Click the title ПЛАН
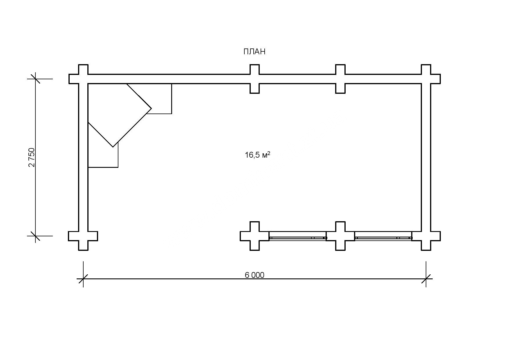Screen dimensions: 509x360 pyautogui.click(x=254, y=52)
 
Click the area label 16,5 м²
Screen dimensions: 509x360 pyautogui.click(x=258, y=155)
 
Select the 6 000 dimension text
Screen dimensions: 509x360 pyautogui.click(x=255, y=275)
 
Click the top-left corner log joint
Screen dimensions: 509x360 pyautogui.click(x=83, y=79)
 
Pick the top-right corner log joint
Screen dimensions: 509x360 pyautogui.click(x=426, y=79)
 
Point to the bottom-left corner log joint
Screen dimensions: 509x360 pyautogui.click(x=83, y=236)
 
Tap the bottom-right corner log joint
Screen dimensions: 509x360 pyautogui.click(x=426, y=236)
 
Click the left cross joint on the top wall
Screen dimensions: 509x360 pyautogui.click(x=255, y=79)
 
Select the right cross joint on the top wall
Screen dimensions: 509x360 pyautogui.click(x=340, y=79)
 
